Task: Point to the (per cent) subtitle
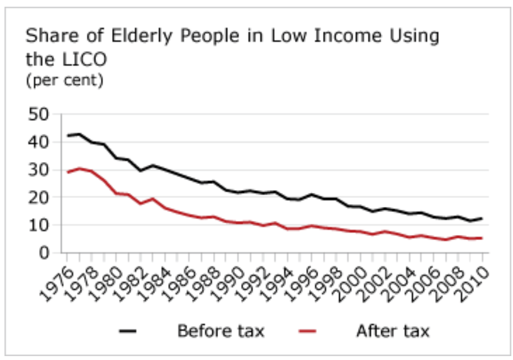(x=64, y=80)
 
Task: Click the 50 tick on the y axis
(x=39, y=116)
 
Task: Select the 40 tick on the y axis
(x=39, y=143)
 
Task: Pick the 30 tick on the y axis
(x=39, y=170)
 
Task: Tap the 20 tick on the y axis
(x=39, y=198)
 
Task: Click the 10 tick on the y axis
(x=39, y=225)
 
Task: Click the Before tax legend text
(x=220, y=331)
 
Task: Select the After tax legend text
(x=392, y=331)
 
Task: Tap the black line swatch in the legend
(x=128, y=331)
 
